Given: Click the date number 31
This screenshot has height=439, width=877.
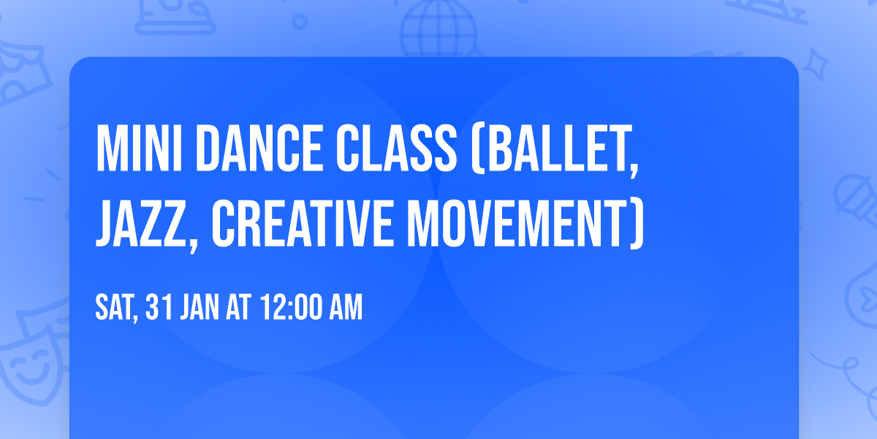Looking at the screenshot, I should pos(159,308).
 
